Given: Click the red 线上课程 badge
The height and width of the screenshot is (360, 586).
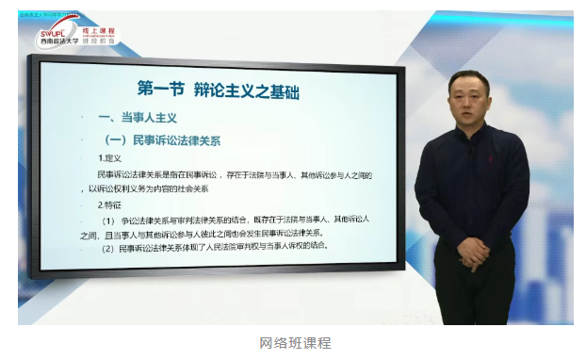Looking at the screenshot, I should tap(98, 28).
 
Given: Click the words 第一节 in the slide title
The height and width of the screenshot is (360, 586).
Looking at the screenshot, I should tap(159, 90).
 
